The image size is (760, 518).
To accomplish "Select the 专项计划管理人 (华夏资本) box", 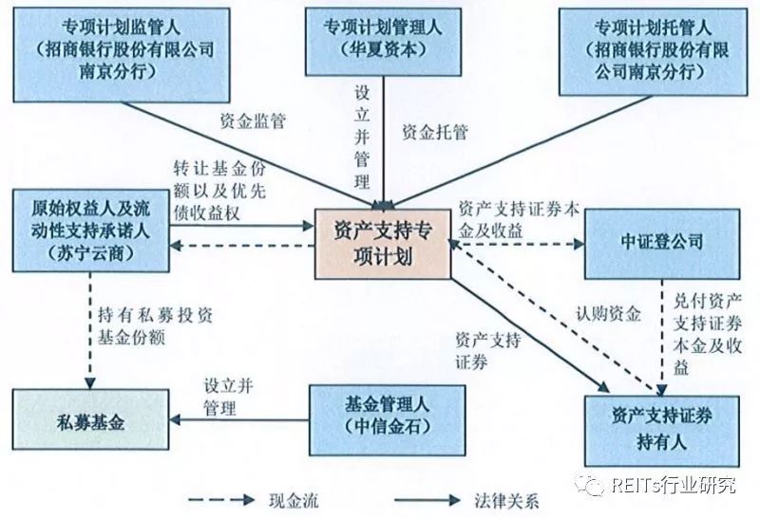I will (386, 35).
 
